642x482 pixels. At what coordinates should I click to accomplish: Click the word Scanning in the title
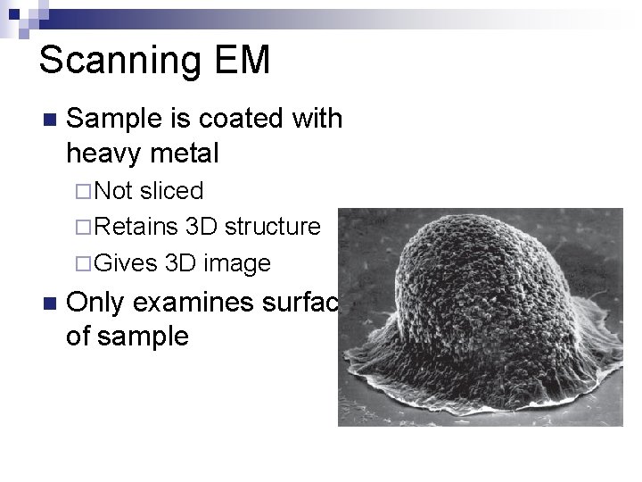[119, 61]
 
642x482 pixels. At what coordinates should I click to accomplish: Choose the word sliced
[172, 190]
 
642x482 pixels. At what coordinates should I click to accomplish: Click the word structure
[272, 227]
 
